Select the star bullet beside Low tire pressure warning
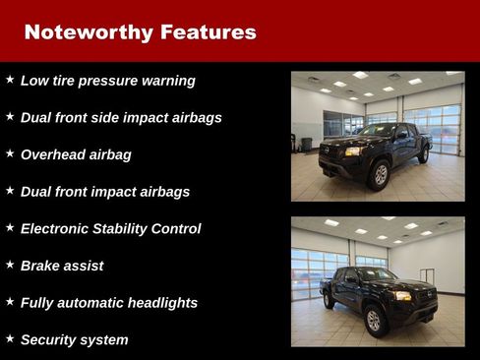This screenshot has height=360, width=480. click(10, 79)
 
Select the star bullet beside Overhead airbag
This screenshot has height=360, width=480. click(10, 152)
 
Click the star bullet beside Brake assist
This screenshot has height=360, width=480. click(10, 264)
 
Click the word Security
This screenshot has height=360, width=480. click(50, 339)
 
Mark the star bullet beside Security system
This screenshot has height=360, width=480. click(10, 337)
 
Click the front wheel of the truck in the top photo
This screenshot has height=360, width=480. click(378, 174)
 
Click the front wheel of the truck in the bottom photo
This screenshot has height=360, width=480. click(374, 319)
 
